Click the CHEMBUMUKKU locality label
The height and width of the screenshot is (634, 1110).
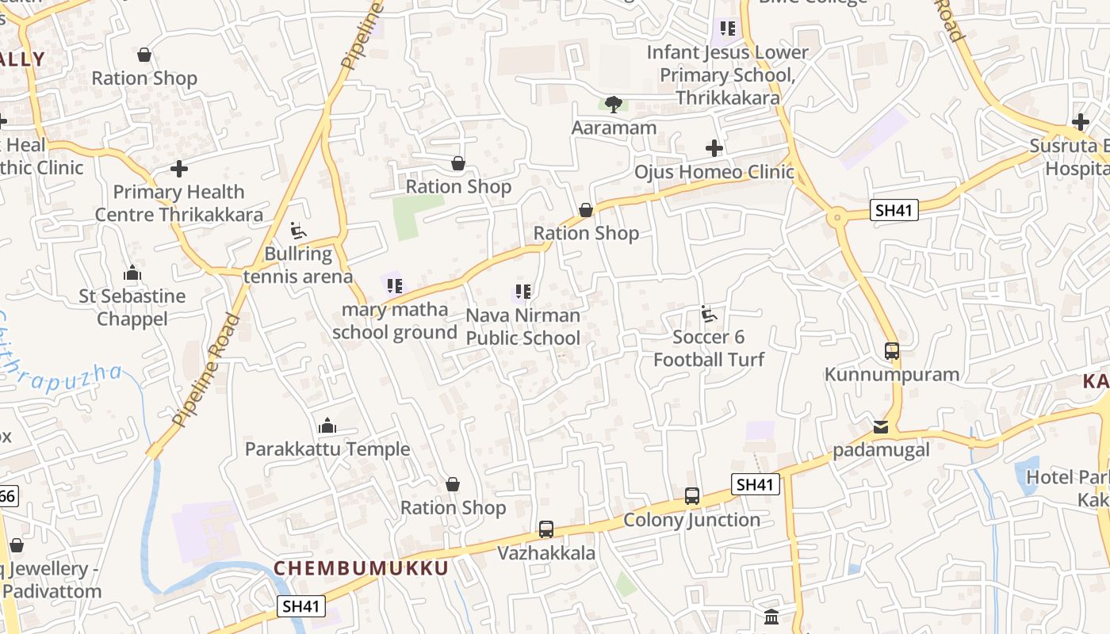point(362,567)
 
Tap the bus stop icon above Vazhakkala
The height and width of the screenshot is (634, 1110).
point(546,529)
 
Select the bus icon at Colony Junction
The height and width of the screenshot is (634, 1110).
point(692,496)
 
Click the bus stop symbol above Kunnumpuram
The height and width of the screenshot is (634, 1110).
point(892,350)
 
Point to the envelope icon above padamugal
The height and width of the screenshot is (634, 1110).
point(881,427)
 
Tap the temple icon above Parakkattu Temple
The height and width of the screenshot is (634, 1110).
point(327,426)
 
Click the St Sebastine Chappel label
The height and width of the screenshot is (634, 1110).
point(132,307)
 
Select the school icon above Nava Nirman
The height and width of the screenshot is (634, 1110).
point(522,292)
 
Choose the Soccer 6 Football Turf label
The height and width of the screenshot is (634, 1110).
point(709,348)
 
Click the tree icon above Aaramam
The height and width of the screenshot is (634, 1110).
point(613,104)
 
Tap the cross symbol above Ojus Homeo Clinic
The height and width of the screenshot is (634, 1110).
point(714,148)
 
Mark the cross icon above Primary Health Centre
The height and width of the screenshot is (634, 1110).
point(179,169)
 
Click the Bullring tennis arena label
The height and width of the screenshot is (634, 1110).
point(297,265)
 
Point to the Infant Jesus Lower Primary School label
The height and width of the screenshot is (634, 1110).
point(727,75)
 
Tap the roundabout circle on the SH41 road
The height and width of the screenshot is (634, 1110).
point(837,217)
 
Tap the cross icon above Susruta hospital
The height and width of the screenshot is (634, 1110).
point(1080,122)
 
